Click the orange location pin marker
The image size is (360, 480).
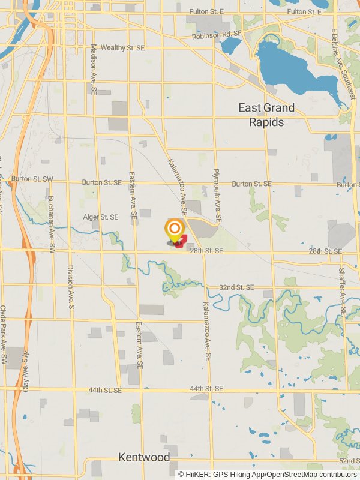174,230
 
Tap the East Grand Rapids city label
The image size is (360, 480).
266,115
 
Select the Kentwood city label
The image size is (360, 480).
144,457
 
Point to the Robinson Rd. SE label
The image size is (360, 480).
216,36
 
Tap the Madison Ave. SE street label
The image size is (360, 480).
94,68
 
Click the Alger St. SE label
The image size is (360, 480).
101,217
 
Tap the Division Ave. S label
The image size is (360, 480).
71,287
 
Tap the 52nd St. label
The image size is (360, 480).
347,460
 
